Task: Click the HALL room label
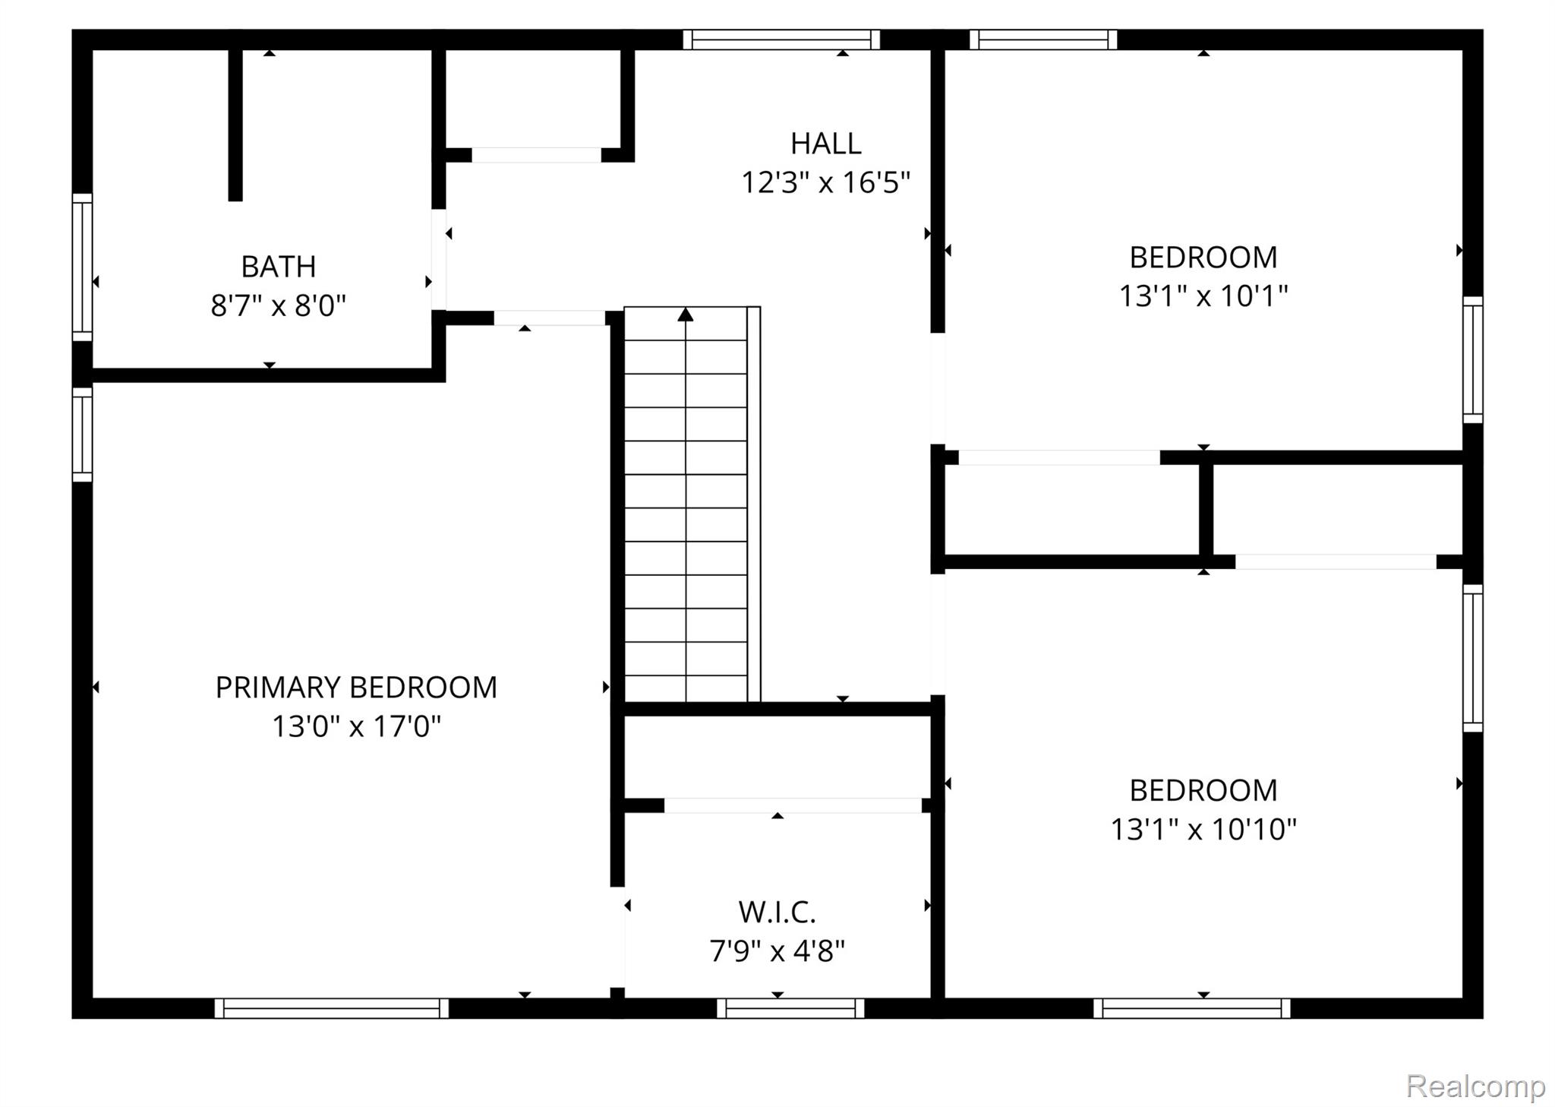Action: click(x=825, y=143)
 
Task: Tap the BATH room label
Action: click(x=278, y=267)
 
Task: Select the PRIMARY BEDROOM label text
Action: click(x=356, y=687)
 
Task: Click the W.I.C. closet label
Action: click(x=777, y=912)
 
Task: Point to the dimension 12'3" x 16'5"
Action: click(x=825, y=182)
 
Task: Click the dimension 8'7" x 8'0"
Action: click(x=278, y=305)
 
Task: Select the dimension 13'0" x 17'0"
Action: click(x=356, y=726)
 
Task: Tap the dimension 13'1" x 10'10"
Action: click(x=1203, y=829)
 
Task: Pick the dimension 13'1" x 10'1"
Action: click(x=1203, y=296)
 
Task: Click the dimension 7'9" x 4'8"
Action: click(x=777, y=950)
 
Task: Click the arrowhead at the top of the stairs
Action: click(x=686, y=314)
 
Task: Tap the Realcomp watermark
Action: click(x=1475, y=1086)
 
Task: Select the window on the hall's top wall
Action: click(x=781, y=40)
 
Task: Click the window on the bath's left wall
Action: click(x=82, y=267)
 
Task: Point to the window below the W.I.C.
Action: click(x=790, y=1008)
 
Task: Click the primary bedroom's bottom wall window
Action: click(x=332, y=1008)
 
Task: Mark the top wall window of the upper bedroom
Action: click(x=1043, y=40)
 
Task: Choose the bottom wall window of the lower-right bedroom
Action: click(x=1192, y=1008)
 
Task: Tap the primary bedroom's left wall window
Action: click(x=82, y=434)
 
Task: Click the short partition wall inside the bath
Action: click(x=235, y=125)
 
